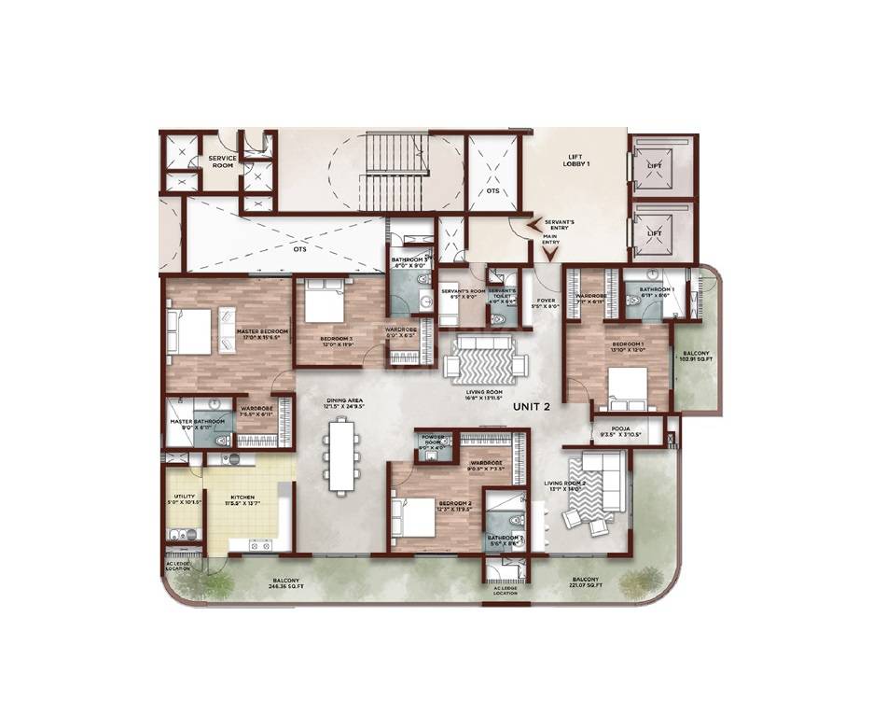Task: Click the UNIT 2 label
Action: [533, 406]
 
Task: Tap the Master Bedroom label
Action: [262, 333]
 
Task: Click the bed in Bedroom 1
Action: [627, 387]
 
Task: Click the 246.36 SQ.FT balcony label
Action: [285, 582]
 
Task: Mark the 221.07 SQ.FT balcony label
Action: [586, 582]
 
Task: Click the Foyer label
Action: [545, 303]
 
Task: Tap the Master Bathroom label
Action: [193, 425]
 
